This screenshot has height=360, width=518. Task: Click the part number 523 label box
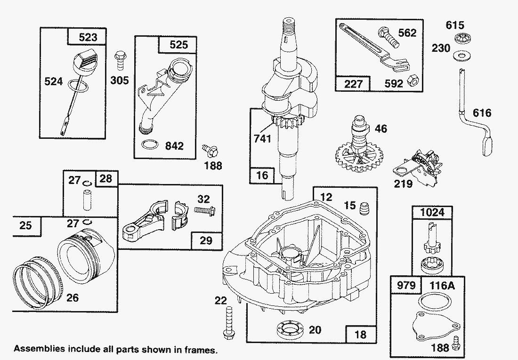point(88,37)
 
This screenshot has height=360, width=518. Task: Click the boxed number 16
point(262,175)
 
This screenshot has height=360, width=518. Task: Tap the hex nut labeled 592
point(411,80)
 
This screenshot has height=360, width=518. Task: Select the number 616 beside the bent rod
point(481,113)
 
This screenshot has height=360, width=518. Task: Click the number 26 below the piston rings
point(72,297)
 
